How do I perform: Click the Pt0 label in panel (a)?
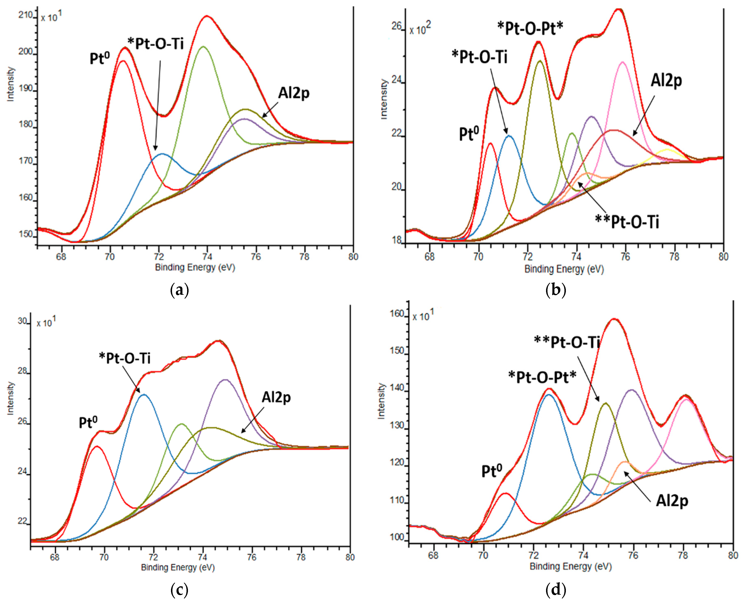[x=100, y=58]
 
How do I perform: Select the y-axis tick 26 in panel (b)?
[x=397, y=26]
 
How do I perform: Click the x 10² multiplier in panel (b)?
[x=420, y=30]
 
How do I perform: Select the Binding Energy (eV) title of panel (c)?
[x=178, y=567]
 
